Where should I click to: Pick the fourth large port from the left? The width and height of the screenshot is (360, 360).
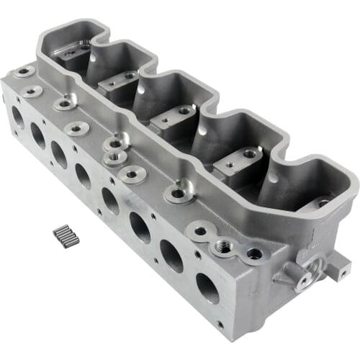[x=84, y=176]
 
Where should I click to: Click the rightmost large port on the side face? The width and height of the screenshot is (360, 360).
[x=207, y=288]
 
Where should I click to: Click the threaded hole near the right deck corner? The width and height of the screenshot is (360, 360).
[x=254, y=253]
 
